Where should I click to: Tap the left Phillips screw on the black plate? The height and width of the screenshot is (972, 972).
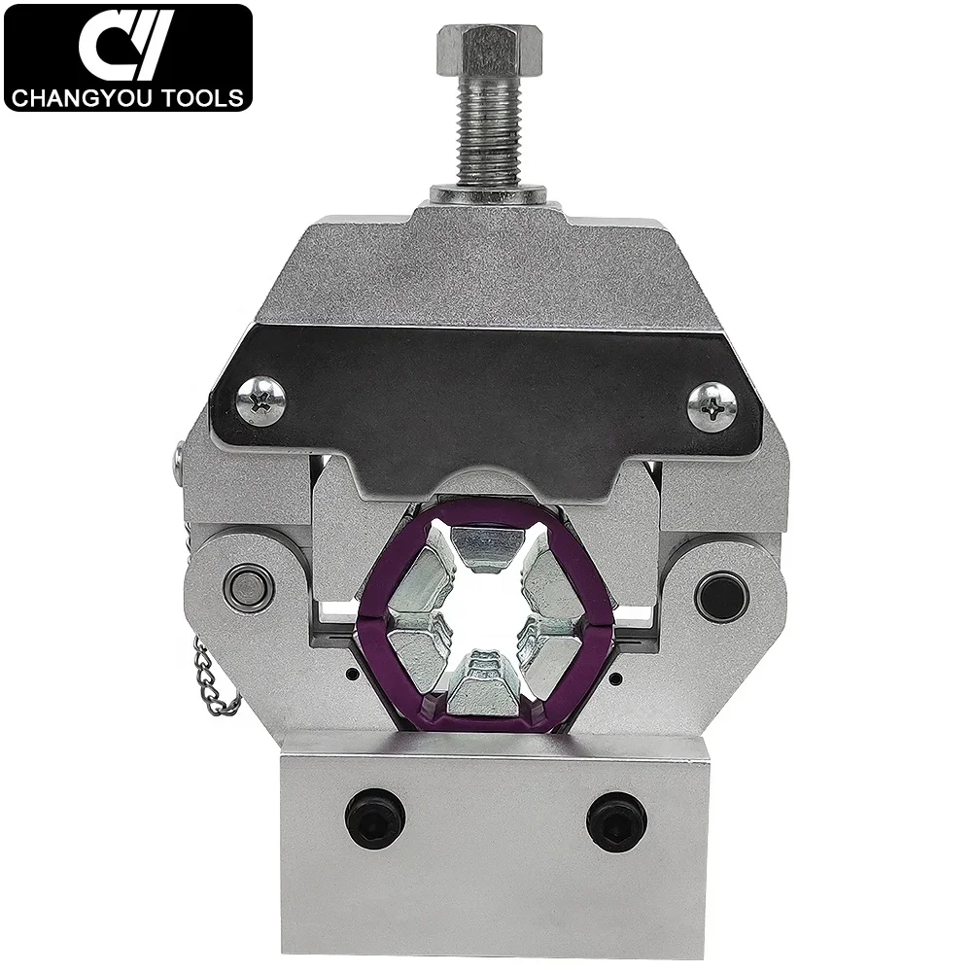[x=260, y=399]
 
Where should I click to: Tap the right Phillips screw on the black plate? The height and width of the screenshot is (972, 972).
[x=712, y=405]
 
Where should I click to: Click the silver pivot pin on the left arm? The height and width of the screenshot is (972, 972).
[x=248, y=587]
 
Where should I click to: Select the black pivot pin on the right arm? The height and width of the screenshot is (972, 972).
[x=721, y=596]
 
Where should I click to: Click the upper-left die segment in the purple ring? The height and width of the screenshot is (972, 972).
[x=423, y=579]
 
